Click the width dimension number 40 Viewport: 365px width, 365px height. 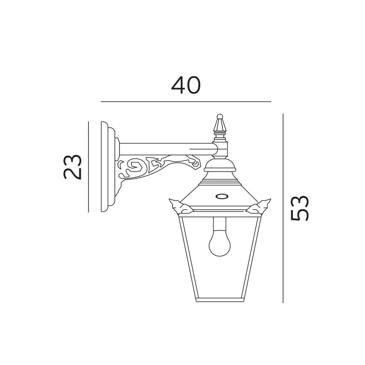pyautogui.click(x=186, y=85)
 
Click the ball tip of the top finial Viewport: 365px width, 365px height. pyautogui.click(x=220, y=116)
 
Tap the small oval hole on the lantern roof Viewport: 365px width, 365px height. pyautogui.click(x=222, y=196)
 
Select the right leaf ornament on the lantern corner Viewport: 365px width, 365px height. pyautogui.click(x=259, y=207)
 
